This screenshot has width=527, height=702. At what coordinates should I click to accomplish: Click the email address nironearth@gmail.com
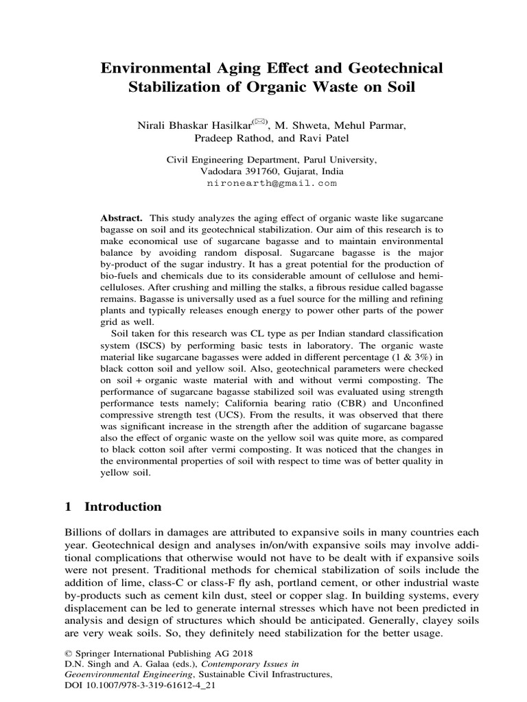(272, 184)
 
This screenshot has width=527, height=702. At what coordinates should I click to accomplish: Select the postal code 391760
(256, 171)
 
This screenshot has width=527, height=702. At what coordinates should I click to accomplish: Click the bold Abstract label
(121, 216)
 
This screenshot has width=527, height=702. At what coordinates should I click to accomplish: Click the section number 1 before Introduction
(68, 507)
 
